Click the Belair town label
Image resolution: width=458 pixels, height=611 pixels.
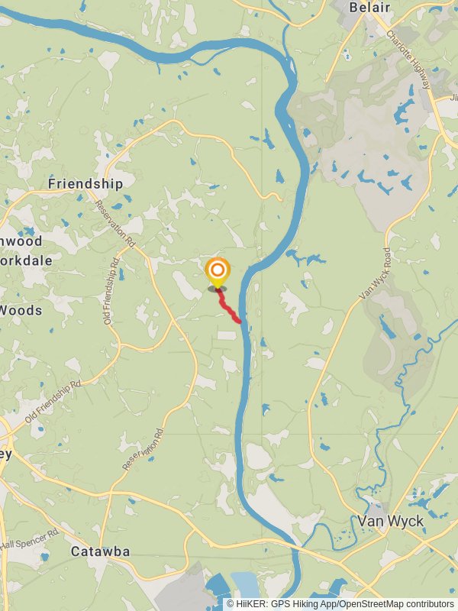pos(369,8)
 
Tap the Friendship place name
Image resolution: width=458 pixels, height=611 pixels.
pos(85,184)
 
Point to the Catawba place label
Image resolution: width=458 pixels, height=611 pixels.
pos(100,551)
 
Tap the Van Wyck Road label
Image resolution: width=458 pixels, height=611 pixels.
pos(375,273)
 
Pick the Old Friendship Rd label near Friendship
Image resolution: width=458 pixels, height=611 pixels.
pos(112,291)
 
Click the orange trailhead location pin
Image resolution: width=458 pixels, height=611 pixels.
pos(218,271)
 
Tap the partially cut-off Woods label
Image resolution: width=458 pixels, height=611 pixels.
pos(21,310)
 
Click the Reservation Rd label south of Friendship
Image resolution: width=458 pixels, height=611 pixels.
pos(115,224)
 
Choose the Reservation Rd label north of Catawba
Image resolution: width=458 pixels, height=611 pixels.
pos(144,449)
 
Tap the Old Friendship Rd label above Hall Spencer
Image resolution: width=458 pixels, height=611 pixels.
pos(53,402)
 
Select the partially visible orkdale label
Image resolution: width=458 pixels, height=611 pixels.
pos(26,260)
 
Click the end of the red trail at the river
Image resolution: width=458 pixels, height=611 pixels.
pos(240,321)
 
